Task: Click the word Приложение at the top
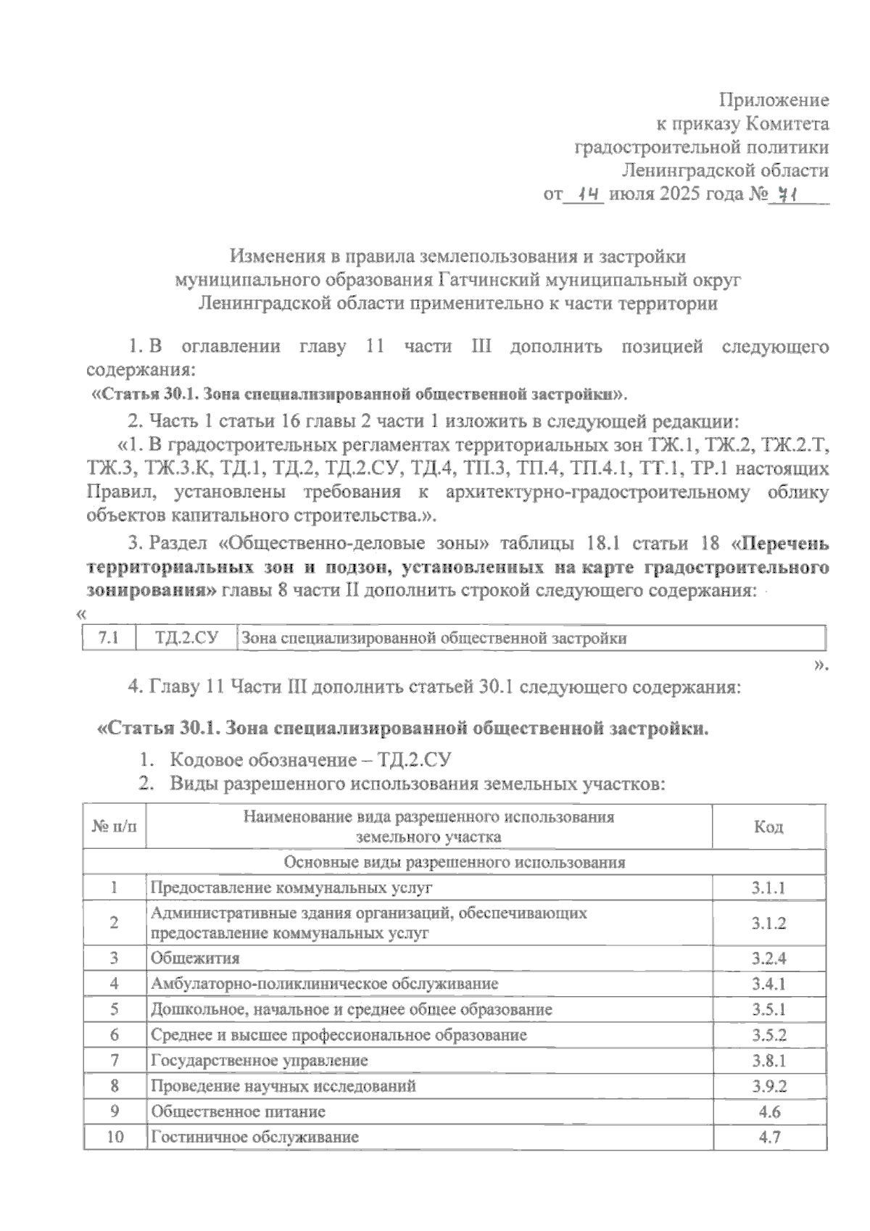[774, 100]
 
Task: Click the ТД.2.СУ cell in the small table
[186, 638]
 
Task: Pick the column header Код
[768, 826]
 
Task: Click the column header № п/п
[115, 826]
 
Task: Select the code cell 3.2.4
[768, 958]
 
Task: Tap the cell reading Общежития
[195, 958]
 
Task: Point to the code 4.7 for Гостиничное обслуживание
[768, 1137]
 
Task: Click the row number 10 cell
[115, 1137]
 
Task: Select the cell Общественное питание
[238, 1111]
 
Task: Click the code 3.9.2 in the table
[768, 1086]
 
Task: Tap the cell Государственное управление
[259, 1061]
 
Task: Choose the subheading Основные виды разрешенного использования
[455, 863]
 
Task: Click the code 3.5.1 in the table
[768, 1009]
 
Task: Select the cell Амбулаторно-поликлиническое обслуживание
[324, 984]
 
